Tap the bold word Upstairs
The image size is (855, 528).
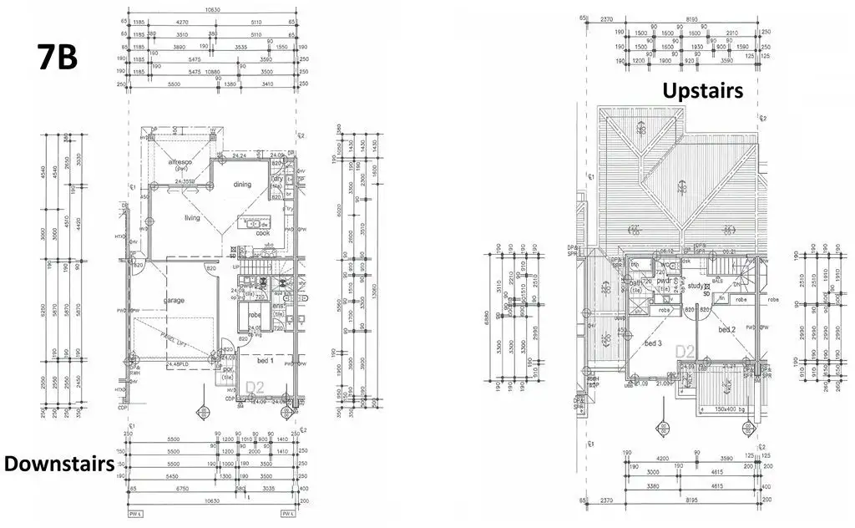702,91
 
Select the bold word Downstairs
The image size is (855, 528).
58,464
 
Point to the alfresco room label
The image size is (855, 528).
180,162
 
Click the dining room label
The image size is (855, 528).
242,185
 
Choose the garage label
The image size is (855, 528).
174,300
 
